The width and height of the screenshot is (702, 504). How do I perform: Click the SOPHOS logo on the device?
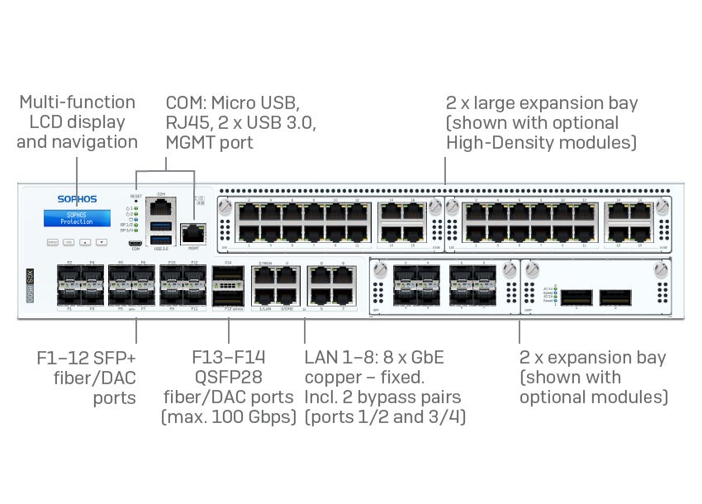[x=77, y=199]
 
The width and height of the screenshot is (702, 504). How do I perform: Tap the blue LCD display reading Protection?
[x=77, y=218]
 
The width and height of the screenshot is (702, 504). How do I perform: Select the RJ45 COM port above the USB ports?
[x=161, y=206]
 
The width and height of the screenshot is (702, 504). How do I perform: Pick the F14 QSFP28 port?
[x=229, y=276]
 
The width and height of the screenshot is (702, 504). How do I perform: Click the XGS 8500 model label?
[x=30, y=286]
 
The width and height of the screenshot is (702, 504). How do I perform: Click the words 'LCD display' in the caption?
[x=77, y=122]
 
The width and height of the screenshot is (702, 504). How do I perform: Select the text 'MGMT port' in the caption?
[x=209, y=143]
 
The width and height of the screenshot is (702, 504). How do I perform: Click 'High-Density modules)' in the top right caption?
[x=541, y=143]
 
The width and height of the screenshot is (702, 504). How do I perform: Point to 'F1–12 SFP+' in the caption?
[x=86, y=359]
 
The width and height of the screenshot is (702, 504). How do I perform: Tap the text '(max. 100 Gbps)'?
[x=229, y=416]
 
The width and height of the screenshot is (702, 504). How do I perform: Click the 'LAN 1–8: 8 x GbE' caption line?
[x=374, y=358]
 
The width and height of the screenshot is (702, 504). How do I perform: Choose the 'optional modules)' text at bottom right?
[x=593, y=397]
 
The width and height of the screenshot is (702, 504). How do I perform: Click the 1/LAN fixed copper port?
[x=264, y=296]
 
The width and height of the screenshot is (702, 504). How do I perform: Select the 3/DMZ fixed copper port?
[x=286, y=296]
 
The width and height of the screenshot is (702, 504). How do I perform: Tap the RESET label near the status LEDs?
[x=135, y=197]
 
